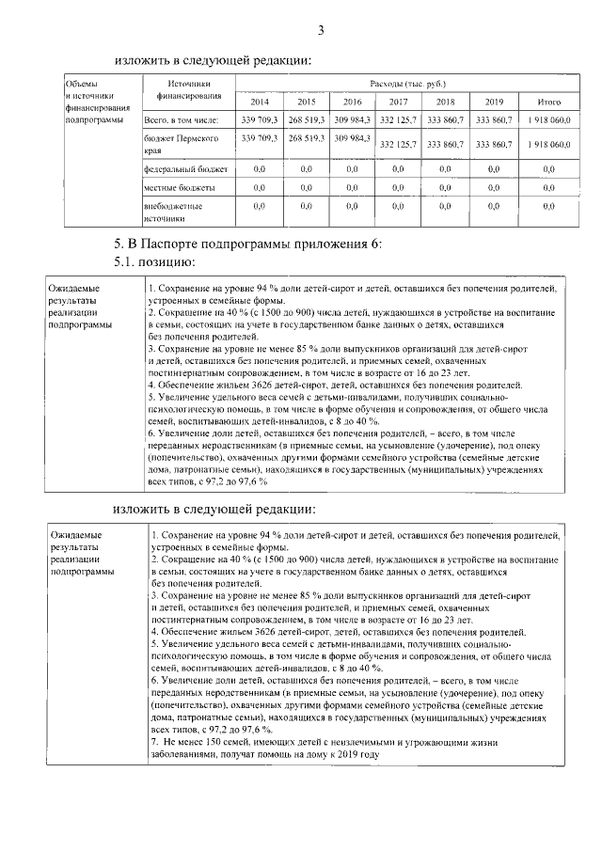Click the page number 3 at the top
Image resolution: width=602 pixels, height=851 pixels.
tap(320, 31)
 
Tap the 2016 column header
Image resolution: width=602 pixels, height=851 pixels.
tap(353, 102)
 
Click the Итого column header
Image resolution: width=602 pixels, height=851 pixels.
tap(548, 102)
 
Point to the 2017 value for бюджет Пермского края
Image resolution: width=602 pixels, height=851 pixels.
tap(398, 145)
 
